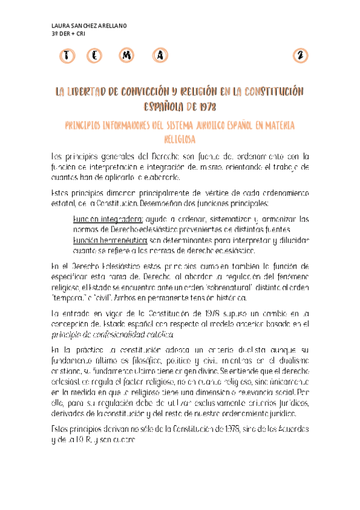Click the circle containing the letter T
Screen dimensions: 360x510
[67, 56]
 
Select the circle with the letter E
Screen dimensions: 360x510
[96, 56]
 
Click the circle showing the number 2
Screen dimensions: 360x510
[299, 56]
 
